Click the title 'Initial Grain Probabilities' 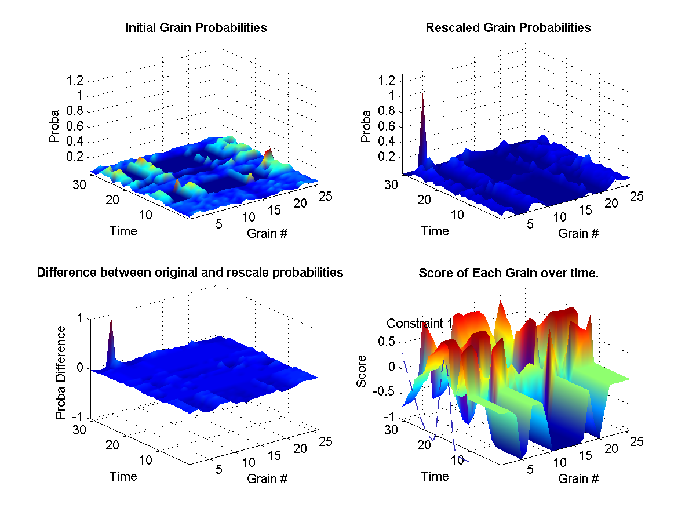196,27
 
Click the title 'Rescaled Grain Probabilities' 508,27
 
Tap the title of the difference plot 190,273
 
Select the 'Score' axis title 362,375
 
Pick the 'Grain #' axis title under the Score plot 578,479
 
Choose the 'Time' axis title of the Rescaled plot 435,231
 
